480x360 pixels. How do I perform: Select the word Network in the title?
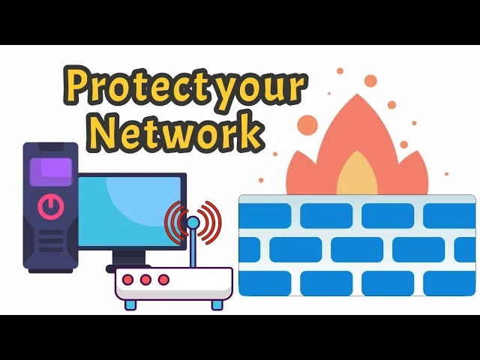tap(174, 133)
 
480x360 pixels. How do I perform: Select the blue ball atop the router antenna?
tap(193, 223)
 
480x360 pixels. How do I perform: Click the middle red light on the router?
tap(145, 280)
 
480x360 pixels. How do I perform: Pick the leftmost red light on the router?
tap(128, 280)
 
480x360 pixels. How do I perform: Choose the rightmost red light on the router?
tap(163, 280)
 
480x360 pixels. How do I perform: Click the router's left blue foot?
tap(130, 304)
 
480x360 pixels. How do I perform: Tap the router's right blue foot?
tap(217, 304)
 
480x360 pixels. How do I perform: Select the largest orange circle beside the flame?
tap(307, 124)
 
